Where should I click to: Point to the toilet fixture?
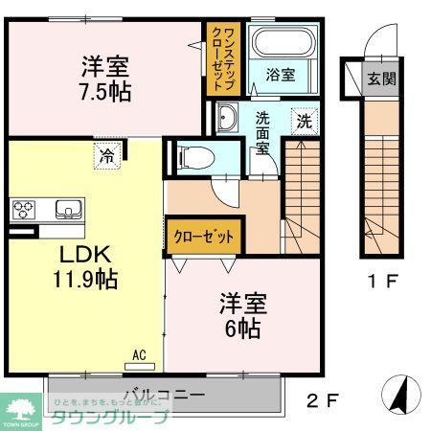point(191,154)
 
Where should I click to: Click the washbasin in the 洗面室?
point(227,119)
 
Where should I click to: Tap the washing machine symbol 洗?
point(303,122)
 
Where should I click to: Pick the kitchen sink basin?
point(69,209)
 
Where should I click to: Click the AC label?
point(139,355)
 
